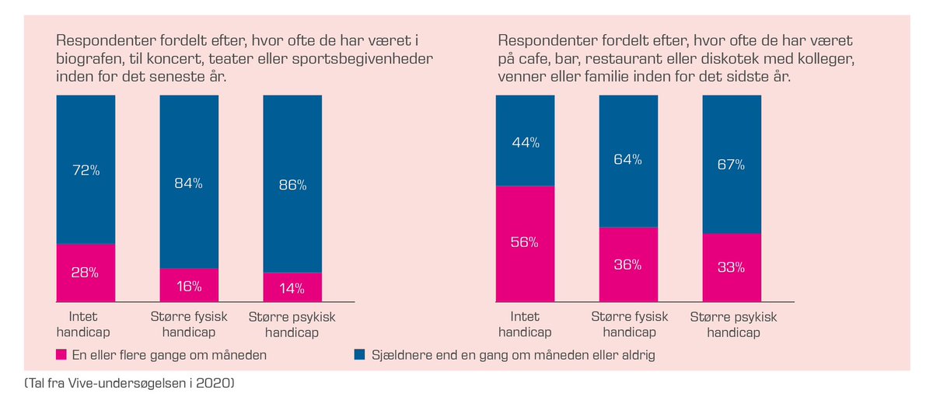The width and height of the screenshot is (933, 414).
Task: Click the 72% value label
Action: [x=86, y=170]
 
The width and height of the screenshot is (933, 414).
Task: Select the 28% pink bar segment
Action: [x=86, y=273]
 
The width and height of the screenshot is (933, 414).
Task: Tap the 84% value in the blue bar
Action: [x=189, y=183]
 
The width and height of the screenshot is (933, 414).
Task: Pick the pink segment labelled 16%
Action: [x=189, y=286]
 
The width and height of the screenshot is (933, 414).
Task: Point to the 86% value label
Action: [x=292, y=185]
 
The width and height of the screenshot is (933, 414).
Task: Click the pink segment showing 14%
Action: [x=292, y=288]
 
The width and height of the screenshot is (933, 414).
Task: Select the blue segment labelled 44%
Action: [x=525, y=142]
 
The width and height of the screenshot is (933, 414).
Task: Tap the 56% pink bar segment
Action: [x=525, y=242]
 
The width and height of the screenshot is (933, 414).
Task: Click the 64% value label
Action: [x=628, y=159]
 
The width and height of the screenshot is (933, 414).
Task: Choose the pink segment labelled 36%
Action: [x=628, y=264]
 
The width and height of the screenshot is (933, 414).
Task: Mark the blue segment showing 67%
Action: [x=732, y=164]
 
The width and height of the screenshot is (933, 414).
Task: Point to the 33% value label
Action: [x=732, y=267]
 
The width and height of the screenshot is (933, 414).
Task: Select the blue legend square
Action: [x=359, y=355]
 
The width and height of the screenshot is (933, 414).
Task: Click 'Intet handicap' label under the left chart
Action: [x=83, y=325]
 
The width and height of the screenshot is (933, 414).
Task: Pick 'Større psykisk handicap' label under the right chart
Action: [x=733, y=325]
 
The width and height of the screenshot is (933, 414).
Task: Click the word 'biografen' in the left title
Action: [x=90, y=59]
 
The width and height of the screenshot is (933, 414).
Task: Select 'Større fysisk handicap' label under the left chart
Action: [x=189, y=325]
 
